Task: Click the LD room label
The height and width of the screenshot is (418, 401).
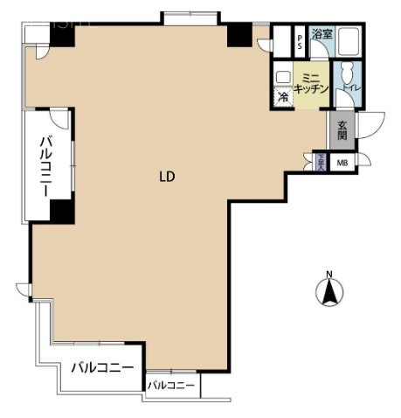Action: coord(167,176)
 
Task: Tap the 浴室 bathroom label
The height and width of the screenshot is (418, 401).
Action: coord(321,35)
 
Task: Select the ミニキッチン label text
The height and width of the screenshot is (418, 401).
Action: coord(311,84)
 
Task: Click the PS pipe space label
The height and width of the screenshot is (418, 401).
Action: coord(300,38)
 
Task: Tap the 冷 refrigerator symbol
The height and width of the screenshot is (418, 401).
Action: coord(283,97)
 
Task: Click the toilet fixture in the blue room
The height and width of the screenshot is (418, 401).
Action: coord(348,73)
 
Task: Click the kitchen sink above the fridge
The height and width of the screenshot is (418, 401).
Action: coord(284,76)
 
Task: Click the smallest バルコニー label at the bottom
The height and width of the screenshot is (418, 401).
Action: coord(170,385)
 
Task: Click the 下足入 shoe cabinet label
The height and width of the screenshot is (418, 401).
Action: coord(321,162)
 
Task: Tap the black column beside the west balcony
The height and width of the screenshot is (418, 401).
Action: coord(60,210)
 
